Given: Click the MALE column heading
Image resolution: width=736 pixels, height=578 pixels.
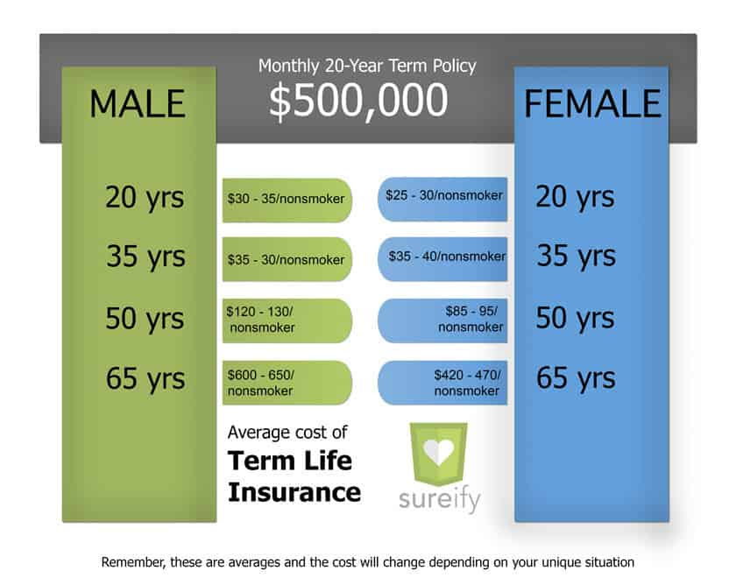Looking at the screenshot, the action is click(x=138, y=103).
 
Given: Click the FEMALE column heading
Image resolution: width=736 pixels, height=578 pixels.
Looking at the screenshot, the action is click(x=592, y=103).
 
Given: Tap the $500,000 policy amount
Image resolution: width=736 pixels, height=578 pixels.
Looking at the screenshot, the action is click(x=358, y=101).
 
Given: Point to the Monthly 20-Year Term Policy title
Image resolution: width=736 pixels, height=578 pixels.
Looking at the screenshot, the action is click(x=367, y=67).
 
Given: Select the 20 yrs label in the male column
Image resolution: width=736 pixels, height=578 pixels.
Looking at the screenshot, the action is click(x=145, y=198).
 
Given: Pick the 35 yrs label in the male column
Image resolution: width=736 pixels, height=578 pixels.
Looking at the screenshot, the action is click(x=145, y=257).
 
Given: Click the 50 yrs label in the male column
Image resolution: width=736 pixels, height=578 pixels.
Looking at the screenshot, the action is click(x=145, y=319).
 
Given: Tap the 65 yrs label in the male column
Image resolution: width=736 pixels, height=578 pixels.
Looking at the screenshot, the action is click(x=145, y=378).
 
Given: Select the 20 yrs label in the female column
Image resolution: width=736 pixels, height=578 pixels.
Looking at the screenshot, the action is click(x=575, y=197).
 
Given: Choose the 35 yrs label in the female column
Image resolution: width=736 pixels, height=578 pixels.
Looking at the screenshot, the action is click(x=577, y=256).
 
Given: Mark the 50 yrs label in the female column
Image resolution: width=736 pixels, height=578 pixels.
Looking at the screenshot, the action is click(x=575, y=318).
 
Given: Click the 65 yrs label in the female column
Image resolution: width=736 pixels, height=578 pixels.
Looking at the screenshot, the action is click(x=576, y=378).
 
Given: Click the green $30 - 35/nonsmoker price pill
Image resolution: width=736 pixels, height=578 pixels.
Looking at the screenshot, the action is click(x=287, y=200).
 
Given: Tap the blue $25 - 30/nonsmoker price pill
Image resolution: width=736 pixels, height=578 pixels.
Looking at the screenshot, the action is click(x=442, y=199).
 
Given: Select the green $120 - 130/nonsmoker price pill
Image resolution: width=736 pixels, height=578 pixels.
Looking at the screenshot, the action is click(x=287, y=321).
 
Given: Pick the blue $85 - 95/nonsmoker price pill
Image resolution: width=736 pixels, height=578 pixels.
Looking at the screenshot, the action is click(x=442, y=321).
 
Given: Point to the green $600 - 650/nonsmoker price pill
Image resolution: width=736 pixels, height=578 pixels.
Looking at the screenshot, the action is click(x=287, y=383).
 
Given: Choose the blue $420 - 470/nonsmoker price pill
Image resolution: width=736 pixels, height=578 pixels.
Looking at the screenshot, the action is click(x=442, y=383).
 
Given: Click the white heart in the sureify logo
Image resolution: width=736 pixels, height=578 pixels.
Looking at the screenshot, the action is click(x=439, y=452).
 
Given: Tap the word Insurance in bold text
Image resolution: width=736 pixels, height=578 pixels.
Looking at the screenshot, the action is click(x=294, y=492).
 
